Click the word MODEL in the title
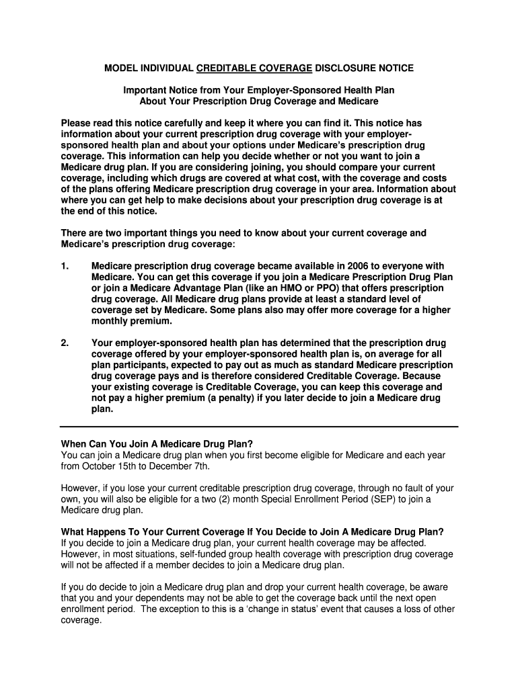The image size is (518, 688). tap(120, 69)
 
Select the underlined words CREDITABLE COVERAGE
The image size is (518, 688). tap(254, 69)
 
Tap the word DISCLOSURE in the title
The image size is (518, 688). tap(344, 69)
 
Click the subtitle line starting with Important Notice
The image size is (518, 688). tap(258, 90)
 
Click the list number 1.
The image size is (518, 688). tap(65, 266)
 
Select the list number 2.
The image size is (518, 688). tap(65, 343)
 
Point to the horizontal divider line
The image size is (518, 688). tap(259, 427)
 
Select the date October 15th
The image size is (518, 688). tap(110, 466)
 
